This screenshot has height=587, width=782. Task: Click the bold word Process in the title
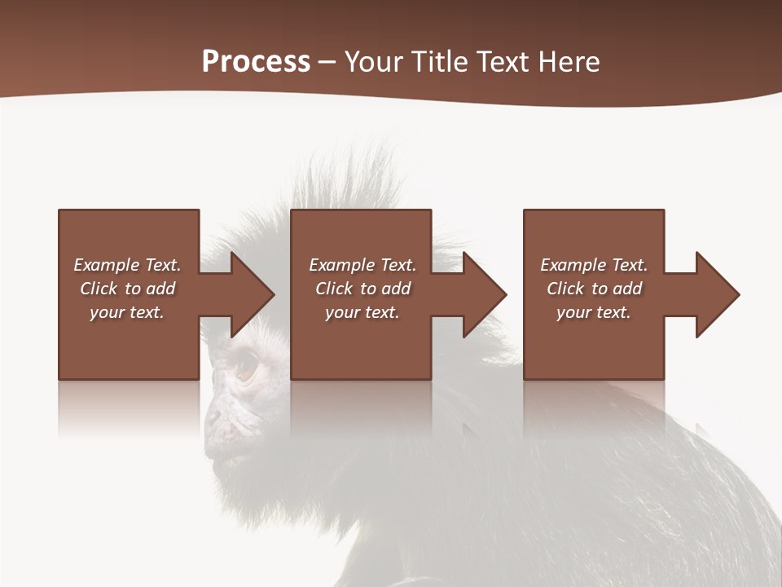pos(256,62)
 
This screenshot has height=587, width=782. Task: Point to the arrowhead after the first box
pos(248,294)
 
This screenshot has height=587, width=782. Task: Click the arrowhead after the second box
pos(481,294)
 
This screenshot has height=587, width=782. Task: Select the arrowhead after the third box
pos(714,294)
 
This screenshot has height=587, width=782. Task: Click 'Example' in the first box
pos(107,265)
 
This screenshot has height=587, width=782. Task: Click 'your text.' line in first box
pos(127,312)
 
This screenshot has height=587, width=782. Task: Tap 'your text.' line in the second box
pos(362,312)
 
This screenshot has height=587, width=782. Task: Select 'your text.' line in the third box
pos(594,312)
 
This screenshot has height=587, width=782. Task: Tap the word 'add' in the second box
pos(396,289)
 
